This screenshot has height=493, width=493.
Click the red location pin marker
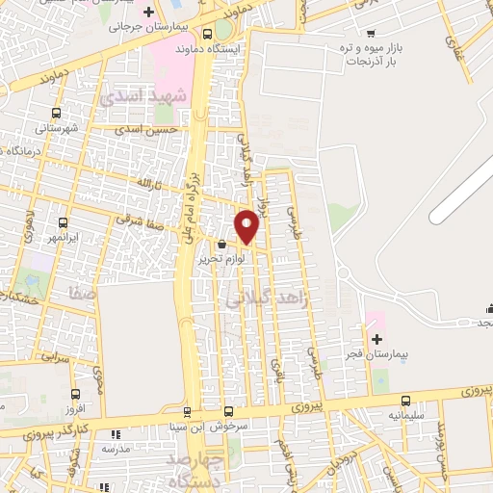pos(247,226)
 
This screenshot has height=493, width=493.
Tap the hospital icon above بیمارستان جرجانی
pos(147,13)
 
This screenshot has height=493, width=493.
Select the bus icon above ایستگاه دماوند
pos(208,34)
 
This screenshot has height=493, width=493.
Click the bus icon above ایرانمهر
pos(63,222)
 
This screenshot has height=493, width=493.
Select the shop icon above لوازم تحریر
pos(223,245)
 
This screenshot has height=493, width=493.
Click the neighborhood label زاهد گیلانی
pos(267,299)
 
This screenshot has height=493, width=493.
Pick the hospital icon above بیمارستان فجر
pos(376,340)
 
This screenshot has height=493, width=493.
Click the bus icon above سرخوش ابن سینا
pos(228,411)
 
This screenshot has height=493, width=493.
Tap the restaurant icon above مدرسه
pos(116,436)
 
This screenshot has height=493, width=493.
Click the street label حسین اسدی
pos(145,128)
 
